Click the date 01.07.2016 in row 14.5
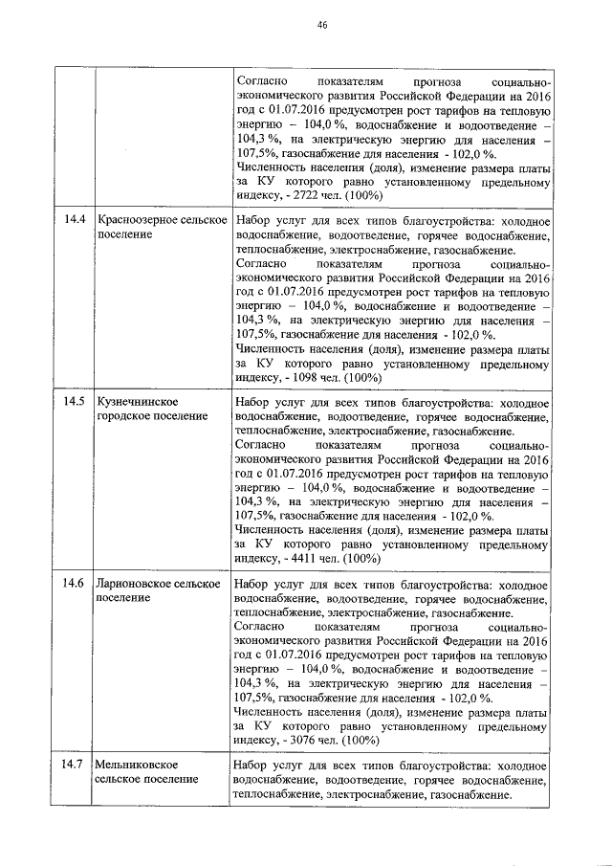coord(295,474)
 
